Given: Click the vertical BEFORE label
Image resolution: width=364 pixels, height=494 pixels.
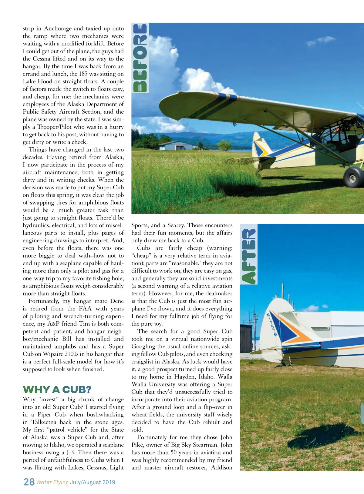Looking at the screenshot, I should tap(140, 58).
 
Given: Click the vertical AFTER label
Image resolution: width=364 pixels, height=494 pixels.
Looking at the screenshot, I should tap(249, 256).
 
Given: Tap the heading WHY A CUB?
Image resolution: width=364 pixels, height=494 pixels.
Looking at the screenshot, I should tap(57, 390).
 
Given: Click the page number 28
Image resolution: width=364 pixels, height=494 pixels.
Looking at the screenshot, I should tap(29, 482).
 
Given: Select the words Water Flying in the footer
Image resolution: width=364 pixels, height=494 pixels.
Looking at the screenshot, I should tap(52, 482).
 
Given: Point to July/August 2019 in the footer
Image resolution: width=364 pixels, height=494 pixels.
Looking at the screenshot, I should tap(93, 482).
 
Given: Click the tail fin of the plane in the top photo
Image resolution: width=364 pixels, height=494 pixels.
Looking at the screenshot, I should tap(260, 145).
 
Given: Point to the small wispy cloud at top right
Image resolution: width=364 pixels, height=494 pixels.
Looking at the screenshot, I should tap(322, 41).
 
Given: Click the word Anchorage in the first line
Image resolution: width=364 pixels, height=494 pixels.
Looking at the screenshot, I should tap(58, 28).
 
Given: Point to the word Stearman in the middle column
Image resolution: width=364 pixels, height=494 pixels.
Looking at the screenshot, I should tap(218, 445).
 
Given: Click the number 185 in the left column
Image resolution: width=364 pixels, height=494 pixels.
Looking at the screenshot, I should tap(83, 74).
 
